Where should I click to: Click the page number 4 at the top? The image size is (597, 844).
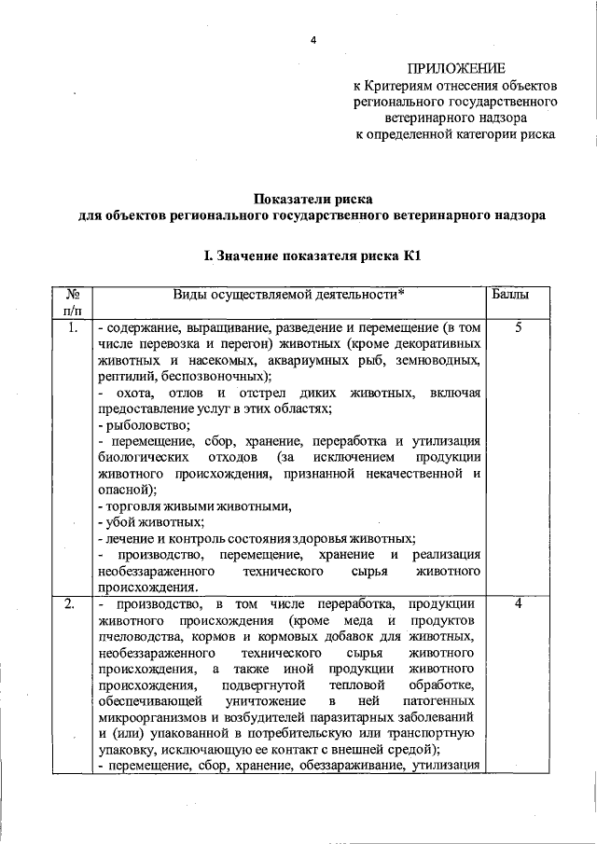coord(313,40)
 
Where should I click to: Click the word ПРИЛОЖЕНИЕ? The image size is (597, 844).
coord(456,68)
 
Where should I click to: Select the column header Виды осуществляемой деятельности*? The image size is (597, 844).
coord(288,295)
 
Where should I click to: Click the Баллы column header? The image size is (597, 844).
coord(510,295)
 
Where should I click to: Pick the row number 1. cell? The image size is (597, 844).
coord(72,328)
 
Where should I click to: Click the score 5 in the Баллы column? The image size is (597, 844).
coord(518,328)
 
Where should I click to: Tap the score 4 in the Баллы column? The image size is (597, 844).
coord(518,604)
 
